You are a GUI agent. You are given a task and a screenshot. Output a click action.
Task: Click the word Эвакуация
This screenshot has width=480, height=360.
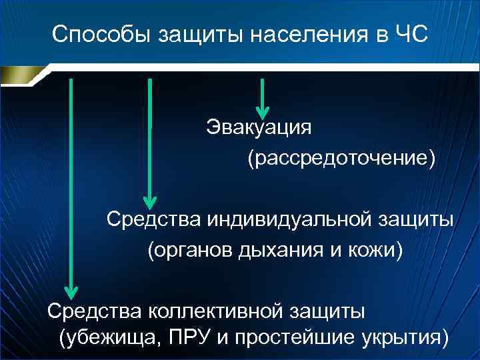tap(259, 127)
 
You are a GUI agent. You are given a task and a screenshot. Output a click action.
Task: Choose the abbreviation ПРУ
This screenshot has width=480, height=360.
tap(188, 338)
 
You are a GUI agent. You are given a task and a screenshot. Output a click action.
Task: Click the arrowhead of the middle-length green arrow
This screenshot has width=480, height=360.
tap(150, 201)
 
